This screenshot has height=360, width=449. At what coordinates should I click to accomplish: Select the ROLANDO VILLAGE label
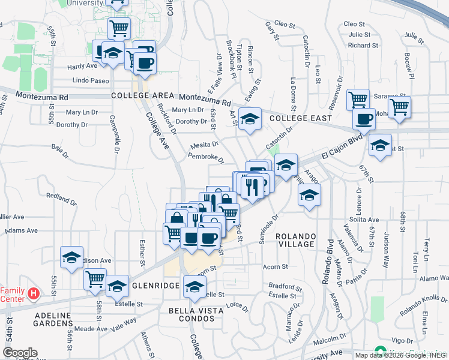click(x=296, y=240)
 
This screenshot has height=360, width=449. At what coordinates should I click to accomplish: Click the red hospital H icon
click(x=34, y=294)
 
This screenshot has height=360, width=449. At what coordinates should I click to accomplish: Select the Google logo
click(x=20, y=352)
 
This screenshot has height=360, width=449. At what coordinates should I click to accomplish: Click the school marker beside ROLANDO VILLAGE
click(x=309, y=195)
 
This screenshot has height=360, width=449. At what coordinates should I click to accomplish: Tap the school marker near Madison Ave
click(x=71, y=258)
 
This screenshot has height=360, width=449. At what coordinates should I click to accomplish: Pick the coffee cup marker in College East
click(x=363, y=119)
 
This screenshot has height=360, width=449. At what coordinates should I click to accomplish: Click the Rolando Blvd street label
click(x=330, y=259)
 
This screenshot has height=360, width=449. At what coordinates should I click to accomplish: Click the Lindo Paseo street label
click(x=91, y=80)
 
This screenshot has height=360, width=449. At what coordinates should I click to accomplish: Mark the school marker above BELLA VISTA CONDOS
click(x=194, y=287)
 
